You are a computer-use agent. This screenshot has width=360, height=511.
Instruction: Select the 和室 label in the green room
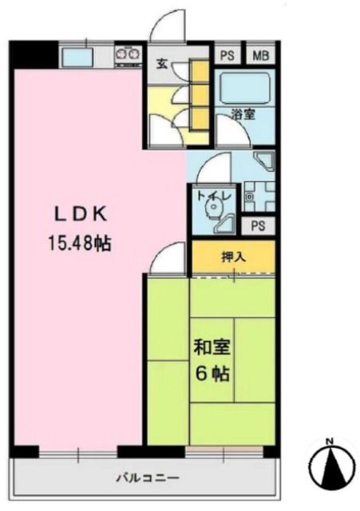click(211, 348)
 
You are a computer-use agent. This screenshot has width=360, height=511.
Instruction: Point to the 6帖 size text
click(211, 372)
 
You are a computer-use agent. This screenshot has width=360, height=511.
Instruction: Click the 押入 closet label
click(233, 257)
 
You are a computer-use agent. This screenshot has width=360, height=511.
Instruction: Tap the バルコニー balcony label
click(144, 478)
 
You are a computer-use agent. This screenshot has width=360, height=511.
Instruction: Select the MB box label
click(261, 55)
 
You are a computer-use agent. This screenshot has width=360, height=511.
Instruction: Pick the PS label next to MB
click(227, 55)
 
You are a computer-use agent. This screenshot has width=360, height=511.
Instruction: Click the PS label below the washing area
click(257, 225)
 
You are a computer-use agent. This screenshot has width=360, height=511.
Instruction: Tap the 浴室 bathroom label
click(243, 115)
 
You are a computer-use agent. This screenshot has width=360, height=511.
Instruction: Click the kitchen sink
click(77, 57)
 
